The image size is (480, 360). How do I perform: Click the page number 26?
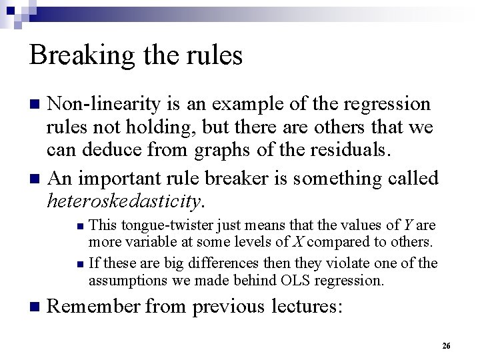point(447,345)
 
